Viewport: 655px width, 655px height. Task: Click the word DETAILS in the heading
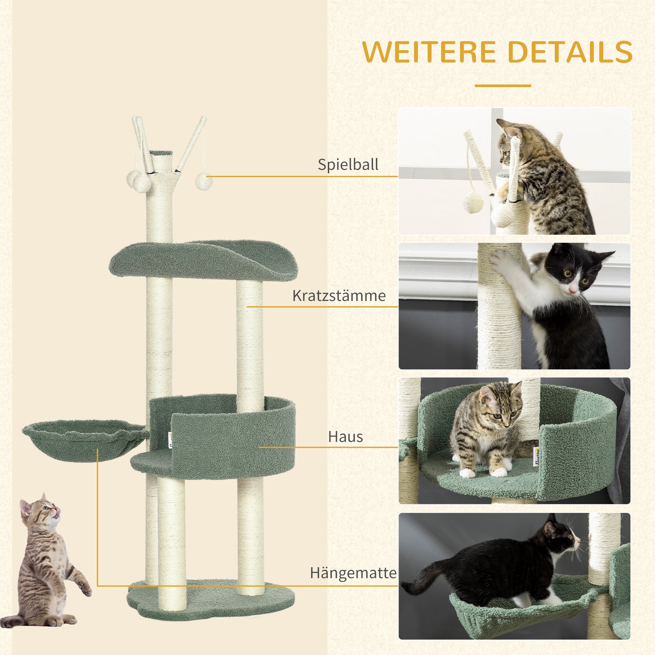[570, 51]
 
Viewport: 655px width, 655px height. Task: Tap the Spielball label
[348, 164]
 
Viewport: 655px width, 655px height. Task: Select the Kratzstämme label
[339, 296]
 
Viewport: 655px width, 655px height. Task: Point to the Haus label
[345, 437]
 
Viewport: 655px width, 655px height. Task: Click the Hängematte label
[353, 572]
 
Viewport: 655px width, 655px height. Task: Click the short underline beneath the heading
[502, 85]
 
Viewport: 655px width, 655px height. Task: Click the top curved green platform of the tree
[203, 259]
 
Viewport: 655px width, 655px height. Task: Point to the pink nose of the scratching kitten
[572, 290]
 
